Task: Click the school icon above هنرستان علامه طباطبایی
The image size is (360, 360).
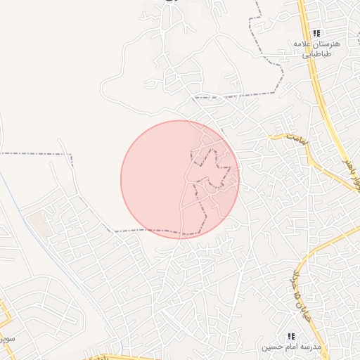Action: (x=316, y=32)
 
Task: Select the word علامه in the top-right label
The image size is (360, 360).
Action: (x=305, y=44)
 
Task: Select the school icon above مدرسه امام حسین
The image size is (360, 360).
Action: (x=291, y=337)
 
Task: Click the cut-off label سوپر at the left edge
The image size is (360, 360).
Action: (x=6, y=338)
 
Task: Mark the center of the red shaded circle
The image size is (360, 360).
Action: (x=180, y=179)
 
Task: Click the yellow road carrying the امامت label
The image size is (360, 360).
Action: (x=309, y=151)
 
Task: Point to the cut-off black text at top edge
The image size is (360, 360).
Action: (x=169, y=2)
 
